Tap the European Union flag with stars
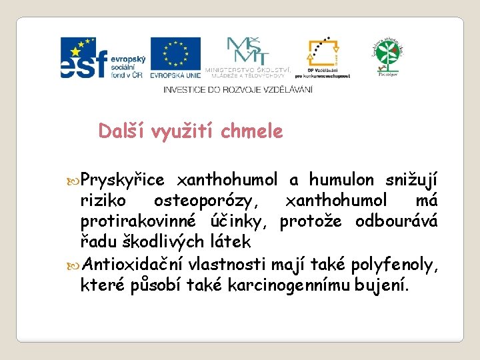point(175,57)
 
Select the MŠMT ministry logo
point(248,57)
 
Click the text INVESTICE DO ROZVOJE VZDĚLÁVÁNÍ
point(237,90)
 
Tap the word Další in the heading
point(122,131)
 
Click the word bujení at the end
point(389,287)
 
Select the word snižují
point(412,180)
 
